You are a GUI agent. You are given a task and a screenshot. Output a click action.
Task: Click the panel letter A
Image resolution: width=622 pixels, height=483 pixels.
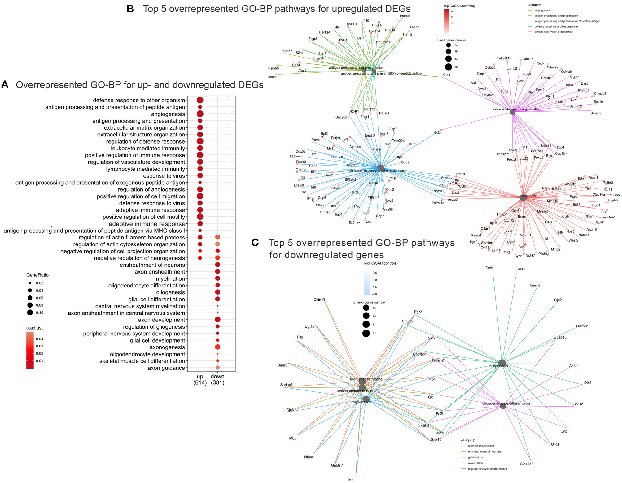[x=5, y=84]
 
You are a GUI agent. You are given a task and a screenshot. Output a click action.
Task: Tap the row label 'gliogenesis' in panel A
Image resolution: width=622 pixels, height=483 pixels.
[x=170, y=292]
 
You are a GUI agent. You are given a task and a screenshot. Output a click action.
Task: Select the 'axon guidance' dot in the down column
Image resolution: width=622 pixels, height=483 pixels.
[x=217, y=368]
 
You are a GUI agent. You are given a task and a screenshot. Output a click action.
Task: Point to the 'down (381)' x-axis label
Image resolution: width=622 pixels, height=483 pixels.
[x=217, y=379]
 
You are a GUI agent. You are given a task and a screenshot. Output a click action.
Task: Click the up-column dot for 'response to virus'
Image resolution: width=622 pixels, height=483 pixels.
[x=200, y=176]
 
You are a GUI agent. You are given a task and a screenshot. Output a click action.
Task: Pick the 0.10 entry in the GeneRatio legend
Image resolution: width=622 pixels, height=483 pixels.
[x=30, y=313]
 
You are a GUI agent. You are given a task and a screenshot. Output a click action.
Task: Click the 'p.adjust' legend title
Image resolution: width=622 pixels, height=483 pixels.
[x=34, y=328]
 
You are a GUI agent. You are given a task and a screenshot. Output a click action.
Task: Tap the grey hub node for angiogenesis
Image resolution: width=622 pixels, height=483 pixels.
[x=523, y=198]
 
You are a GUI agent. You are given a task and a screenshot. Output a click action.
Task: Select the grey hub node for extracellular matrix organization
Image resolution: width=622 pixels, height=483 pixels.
[x=513, y=112]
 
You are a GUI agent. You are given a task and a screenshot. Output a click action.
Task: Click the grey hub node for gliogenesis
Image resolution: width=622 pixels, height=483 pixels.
[x=502, y=363]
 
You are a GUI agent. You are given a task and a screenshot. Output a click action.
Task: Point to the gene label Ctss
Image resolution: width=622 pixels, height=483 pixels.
[x=446, y=75]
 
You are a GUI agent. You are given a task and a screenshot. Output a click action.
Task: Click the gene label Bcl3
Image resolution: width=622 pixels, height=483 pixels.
[x=437, y=132]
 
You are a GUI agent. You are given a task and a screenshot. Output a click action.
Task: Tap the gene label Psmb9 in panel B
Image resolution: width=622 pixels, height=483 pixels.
[x=405, y=16]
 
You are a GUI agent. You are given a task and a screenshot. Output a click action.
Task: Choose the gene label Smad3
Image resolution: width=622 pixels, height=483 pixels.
[x=596, y=113]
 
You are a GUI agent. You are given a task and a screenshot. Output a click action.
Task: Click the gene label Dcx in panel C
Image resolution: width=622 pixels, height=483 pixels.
[x=488, y=268]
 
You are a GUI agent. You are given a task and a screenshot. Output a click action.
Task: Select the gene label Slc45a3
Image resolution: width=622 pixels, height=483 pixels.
[x=527, y=464]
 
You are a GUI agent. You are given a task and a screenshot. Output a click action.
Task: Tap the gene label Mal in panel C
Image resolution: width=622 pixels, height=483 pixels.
[x=351, y=480]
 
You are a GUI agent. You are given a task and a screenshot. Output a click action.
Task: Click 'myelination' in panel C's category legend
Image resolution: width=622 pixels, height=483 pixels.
[x=475, y=463]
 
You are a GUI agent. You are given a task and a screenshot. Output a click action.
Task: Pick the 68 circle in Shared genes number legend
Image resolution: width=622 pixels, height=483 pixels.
[x=448, y=67]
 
